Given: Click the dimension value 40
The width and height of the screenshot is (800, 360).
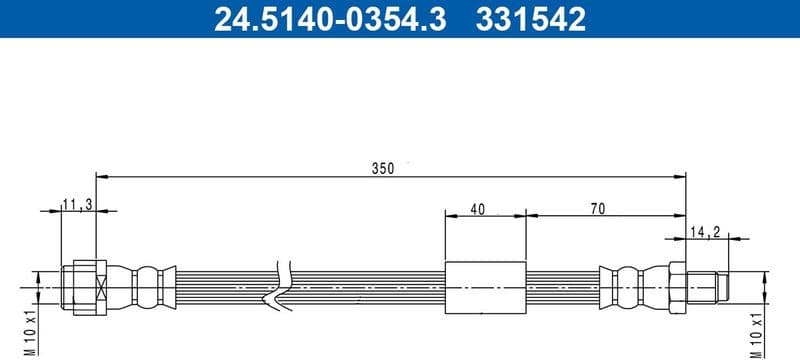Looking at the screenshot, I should pos(476,209).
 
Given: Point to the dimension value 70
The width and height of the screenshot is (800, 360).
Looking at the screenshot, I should pos(598,209).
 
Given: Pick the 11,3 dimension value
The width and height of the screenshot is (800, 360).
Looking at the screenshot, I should pos(76,204).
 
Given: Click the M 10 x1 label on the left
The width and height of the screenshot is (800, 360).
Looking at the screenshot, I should pos(28,331).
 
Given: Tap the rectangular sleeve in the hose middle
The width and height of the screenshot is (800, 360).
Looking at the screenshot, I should pos(485,287).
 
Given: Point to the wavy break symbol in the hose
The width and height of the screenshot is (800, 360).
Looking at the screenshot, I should pos(285,286).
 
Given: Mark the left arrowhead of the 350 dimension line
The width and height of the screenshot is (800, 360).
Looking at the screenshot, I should pos(101,177).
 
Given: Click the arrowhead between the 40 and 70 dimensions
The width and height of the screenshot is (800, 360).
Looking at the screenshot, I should pos(526,214).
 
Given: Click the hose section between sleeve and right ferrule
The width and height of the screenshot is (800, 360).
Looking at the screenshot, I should pos(562,287).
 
